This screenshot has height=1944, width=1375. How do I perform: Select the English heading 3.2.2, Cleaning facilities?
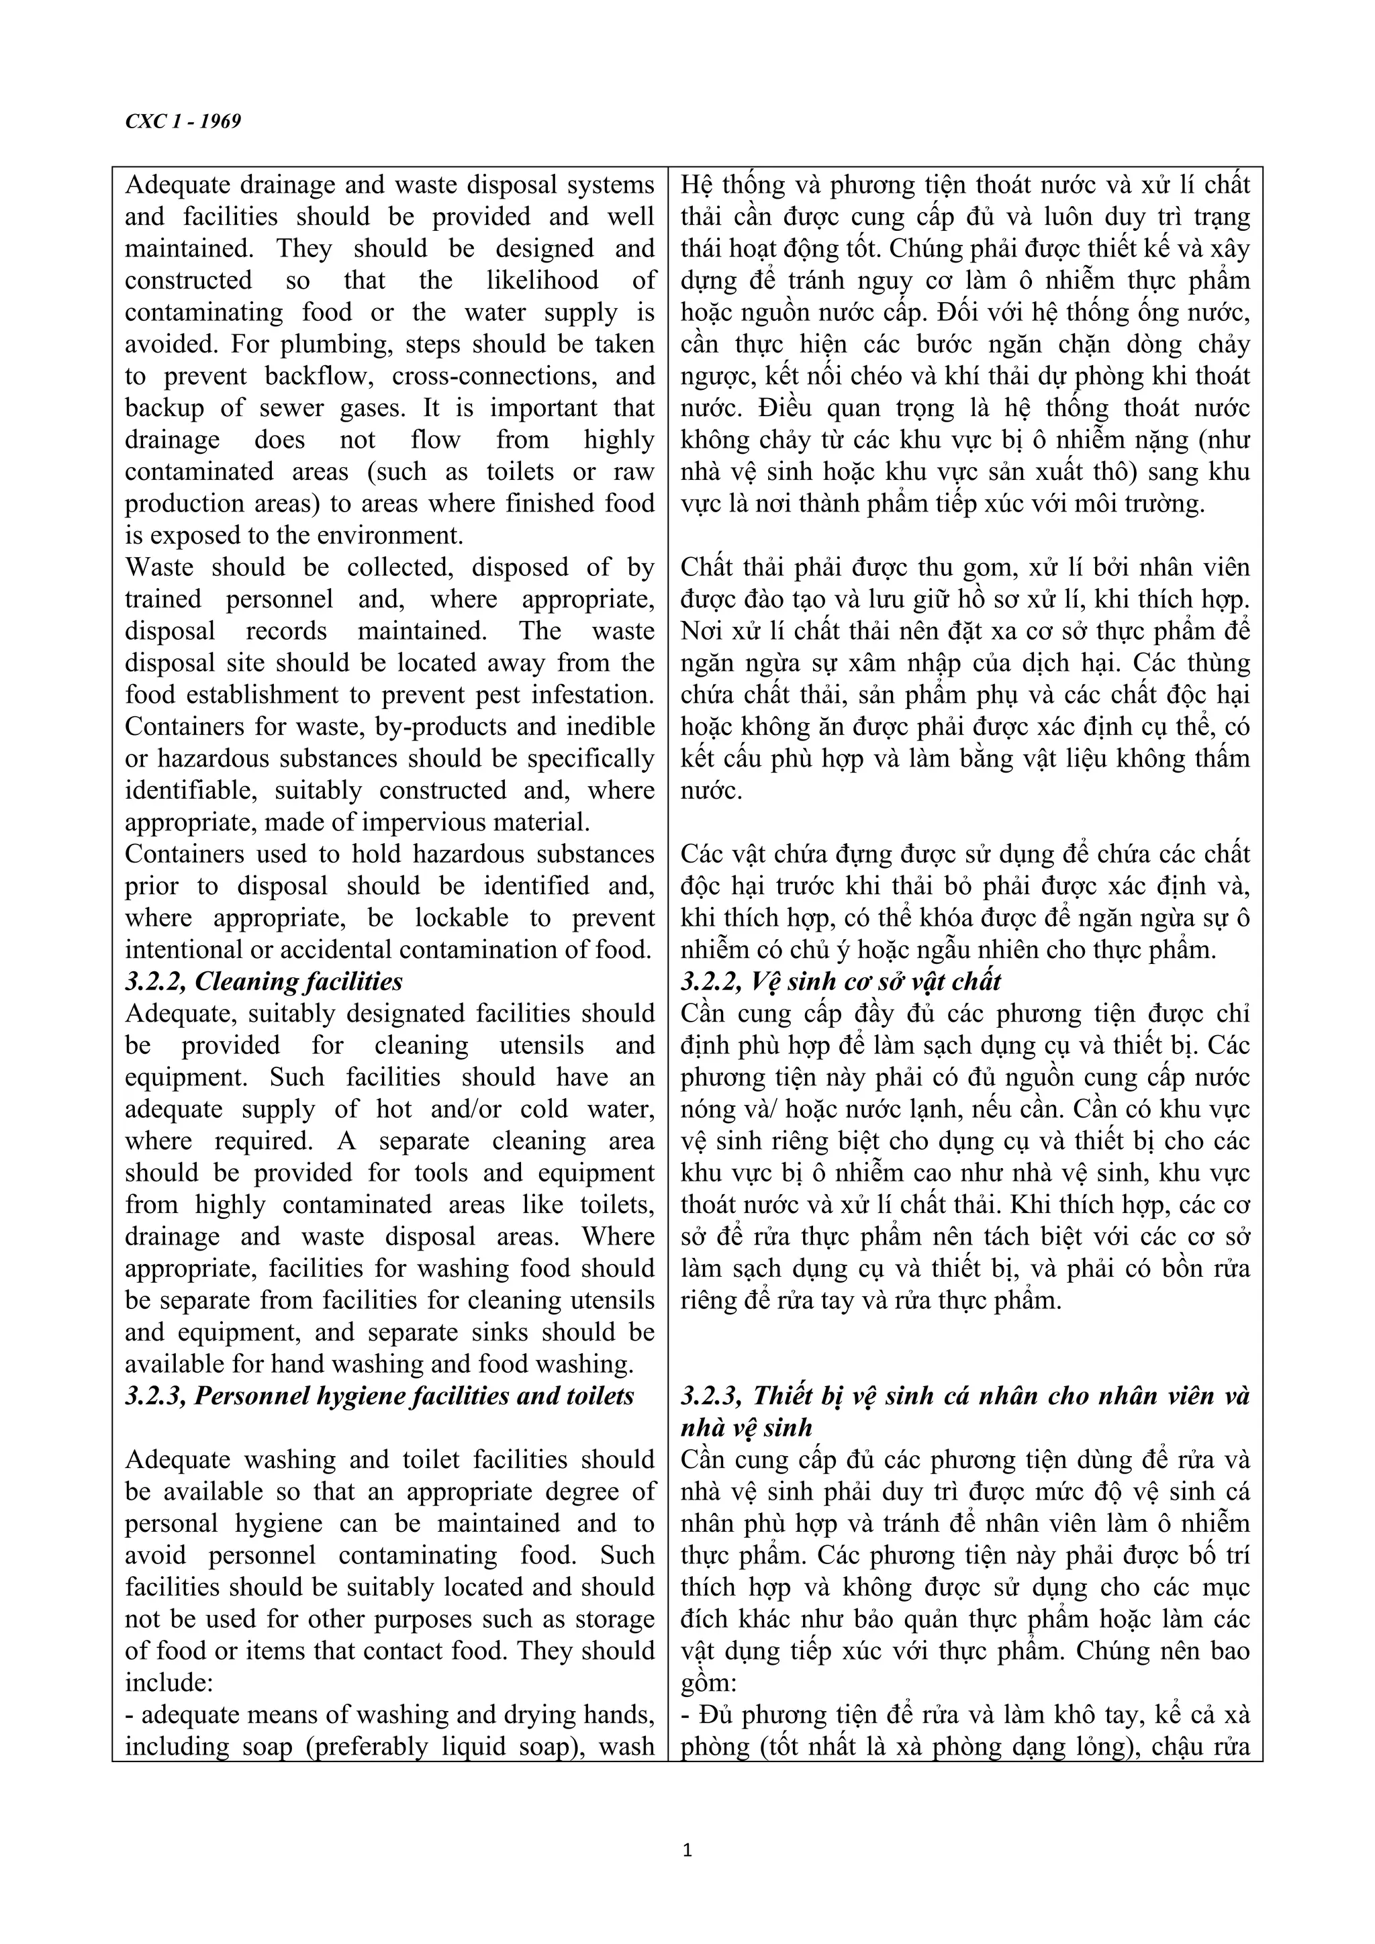tap(263, 981)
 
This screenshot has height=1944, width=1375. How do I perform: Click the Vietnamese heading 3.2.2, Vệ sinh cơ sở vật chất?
tap(840, 981)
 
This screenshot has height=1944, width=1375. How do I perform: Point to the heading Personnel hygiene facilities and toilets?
tap(379, 1396)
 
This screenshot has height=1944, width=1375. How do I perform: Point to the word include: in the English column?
tap(162, 1682)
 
